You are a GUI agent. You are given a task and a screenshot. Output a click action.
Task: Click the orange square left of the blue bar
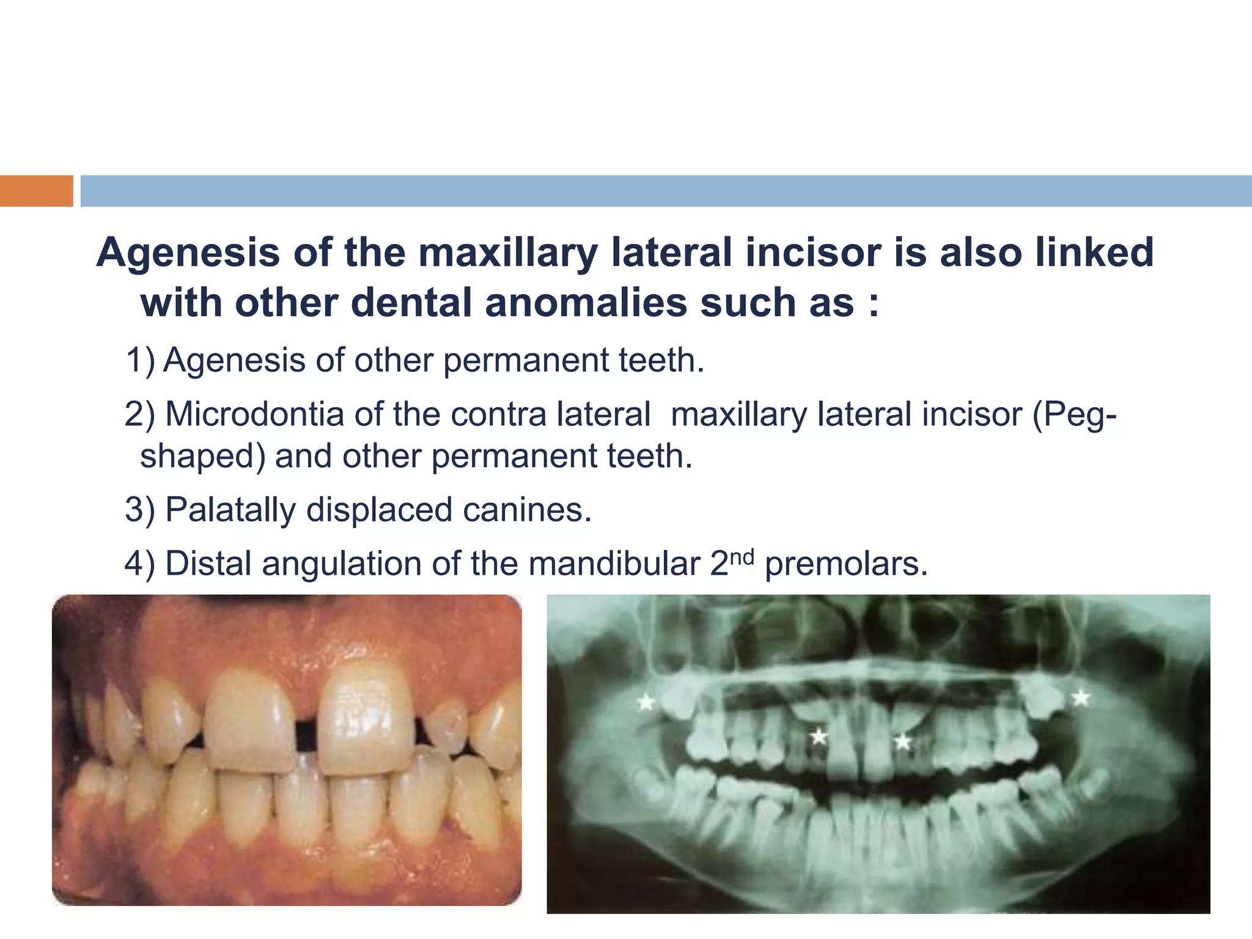point(36,191)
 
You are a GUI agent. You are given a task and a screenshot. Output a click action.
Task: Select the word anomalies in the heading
point(586,303)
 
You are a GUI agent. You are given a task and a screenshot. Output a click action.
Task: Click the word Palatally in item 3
point(230,510)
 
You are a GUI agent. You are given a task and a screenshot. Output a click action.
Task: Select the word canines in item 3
point(527,510)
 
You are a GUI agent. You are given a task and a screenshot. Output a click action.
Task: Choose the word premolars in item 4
point(846,564)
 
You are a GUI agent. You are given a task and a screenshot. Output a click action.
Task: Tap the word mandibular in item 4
point(614,564)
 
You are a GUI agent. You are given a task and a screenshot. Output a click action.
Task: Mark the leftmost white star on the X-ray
point(646,702)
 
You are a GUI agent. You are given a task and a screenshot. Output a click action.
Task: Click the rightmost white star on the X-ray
point(1081,698)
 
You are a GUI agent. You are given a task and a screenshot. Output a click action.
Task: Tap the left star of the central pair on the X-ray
point(819,737)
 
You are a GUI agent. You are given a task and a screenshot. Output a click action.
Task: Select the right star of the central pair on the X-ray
point(902,742)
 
